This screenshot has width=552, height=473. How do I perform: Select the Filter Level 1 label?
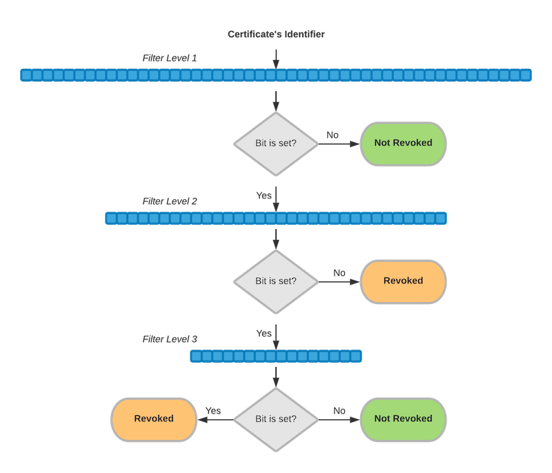point(170,58)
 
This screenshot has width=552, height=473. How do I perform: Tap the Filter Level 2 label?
point(170,201)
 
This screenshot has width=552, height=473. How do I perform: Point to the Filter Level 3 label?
point(170,339)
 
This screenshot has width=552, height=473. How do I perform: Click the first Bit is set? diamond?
point(276,143)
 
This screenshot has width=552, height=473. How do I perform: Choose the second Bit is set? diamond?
point(276,281)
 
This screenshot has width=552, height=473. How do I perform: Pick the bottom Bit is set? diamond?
point(276,419)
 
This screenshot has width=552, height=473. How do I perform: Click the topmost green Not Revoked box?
point(403,143)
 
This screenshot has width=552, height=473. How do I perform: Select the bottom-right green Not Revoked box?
point(403,419)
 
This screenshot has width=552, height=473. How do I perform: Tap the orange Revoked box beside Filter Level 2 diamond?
point(403,281)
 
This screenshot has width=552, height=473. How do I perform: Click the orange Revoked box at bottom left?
point(154,419)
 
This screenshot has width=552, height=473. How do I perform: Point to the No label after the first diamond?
point(333,135)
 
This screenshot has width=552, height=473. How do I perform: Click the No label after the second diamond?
point(339,273)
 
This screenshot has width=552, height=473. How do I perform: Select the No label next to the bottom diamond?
point(339,411)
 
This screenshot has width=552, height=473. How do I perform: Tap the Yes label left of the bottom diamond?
point(213,411)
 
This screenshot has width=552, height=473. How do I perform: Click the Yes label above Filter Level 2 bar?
point(264,195)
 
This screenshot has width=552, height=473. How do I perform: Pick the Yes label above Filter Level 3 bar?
point(264,333)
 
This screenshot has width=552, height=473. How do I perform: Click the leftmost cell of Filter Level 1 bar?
point(26,74)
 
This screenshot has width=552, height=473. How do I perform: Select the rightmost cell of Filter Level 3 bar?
point(356,356)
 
